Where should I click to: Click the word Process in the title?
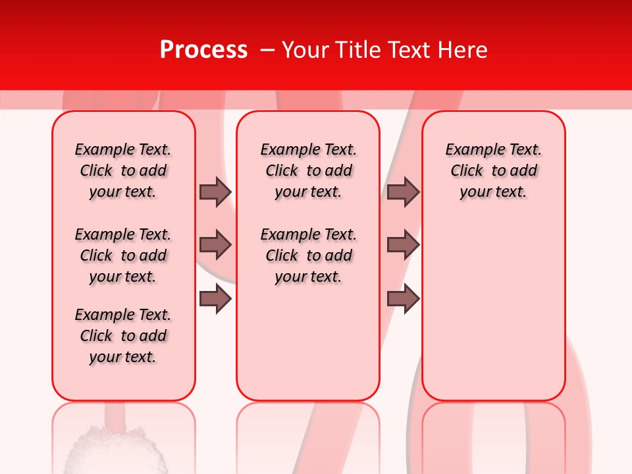click(x=203, y=50)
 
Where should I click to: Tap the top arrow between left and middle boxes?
click(x=215, y=192)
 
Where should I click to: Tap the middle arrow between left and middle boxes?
click(x=215, y=245)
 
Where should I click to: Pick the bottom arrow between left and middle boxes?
click(x=215, y=299)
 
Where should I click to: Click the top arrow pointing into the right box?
click(x=403, y=192)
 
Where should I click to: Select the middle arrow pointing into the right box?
click(x=403, y=245)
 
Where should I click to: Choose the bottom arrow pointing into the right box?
click(x=403, y=299)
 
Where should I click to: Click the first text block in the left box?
click(x=123, y=171)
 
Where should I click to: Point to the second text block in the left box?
click(x=123, y=255)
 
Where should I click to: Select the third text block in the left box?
click(x=123, y=336)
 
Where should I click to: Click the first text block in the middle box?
click(x=308, y=171)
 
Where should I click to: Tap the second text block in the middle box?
click(x=308, y=255)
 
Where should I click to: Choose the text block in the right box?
click(x=493, y=171)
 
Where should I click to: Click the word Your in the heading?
click(x=306, y=50)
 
